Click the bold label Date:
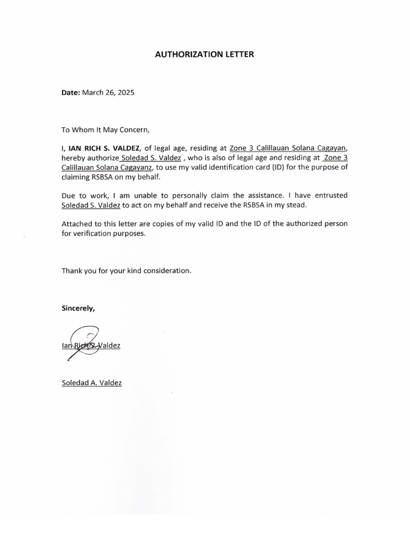click(x=70, y=92)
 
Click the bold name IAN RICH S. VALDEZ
click(x=105, y=148)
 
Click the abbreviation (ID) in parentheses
click(x=280, y=167)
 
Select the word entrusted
click(x=331, y=196)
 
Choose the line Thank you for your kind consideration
click(x=126, y=271)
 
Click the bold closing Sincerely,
click(x=78, y=308)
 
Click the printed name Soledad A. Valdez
click(x=92, y=382)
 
